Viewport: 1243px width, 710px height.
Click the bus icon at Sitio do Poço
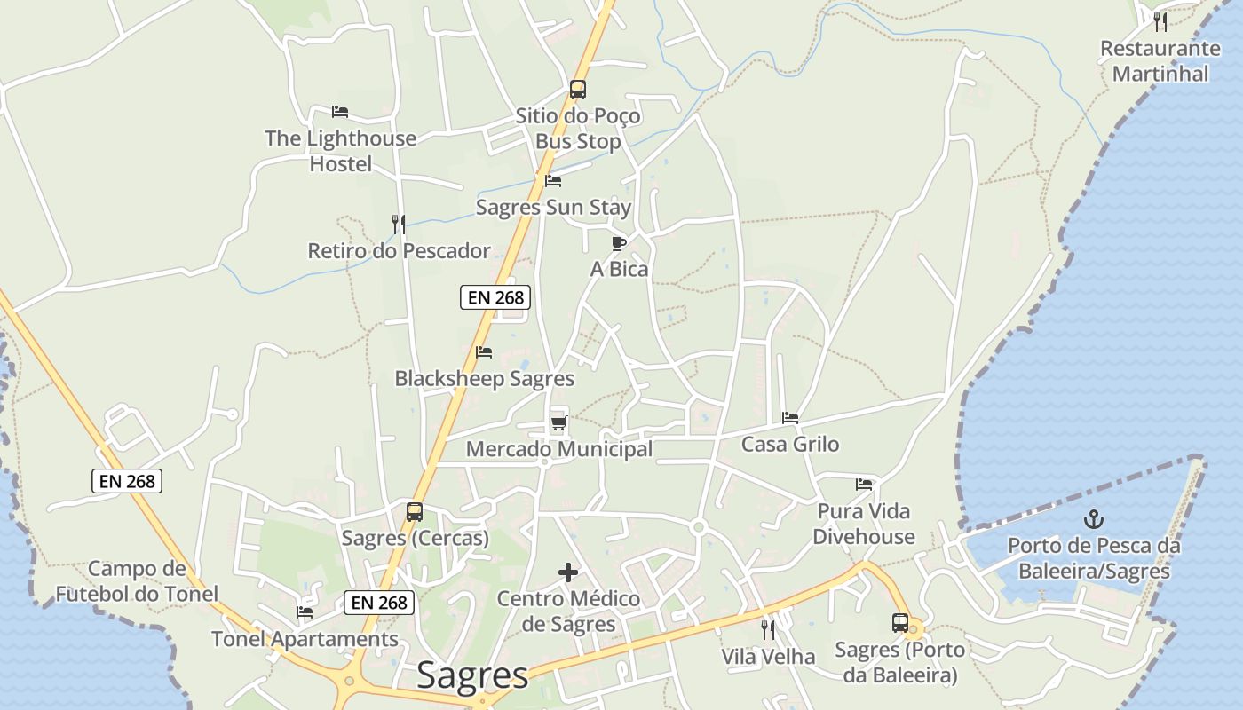pyautogui.click(x=578, y=90)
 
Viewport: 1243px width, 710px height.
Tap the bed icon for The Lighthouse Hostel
pyautogui.click(x=339, y=112)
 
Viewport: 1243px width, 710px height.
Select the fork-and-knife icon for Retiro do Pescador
pyautogui.click(x=399, y=225)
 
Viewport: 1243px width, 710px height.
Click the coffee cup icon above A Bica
pyautogui.click(x=619, y=243)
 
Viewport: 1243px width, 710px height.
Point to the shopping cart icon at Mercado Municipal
pyautogui.click(x=558, y=422)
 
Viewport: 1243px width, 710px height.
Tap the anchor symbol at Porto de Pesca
pyautogui.click(x=1094, y=519)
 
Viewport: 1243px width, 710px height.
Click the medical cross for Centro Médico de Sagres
pyautogui.click(x=568, y=572)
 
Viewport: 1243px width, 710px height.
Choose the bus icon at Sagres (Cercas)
pyautogui.click(x=415, y=512)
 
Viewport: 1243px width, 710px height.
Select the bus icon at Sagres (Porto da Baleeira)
pyautogui.click(x=900, y=623)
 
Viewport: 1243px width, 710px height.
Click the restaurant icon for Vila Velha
pyautogui.click(x=768, y=630)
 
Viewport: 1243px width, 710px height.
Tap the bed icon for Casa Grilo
pyautogui.click(x=790, y=418)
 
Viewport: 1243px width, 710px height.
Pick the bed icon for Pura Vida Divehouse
pyautogui.click(x=864, y=485)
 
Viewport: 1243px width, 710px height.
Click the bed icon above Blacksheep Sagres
pyautogui.click(x=484, y=352)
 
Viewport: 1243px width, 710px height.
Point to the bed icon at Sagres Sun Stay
pyautogui.click(x=553, y=181)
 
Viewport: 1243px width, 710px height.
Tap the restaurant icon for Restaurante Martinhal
pyautogui.click(x=1160, y=22)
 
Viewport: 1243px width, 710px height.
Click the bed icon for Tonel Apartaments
pyautogui.click(x=305, y=612)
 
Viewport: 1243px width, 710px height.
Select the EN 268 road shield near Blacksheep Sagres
pyautogui.click(x=495, y=297)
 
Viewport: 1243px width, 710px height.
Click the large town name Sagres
pyautogui.click(x=472, y=674)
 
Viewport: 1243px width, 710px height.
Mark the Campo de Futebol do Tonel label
pyautogui.click(x=137, y=581)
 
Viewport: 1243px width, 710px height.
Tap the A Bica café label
pyautogui.click(x=619, y=269)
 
